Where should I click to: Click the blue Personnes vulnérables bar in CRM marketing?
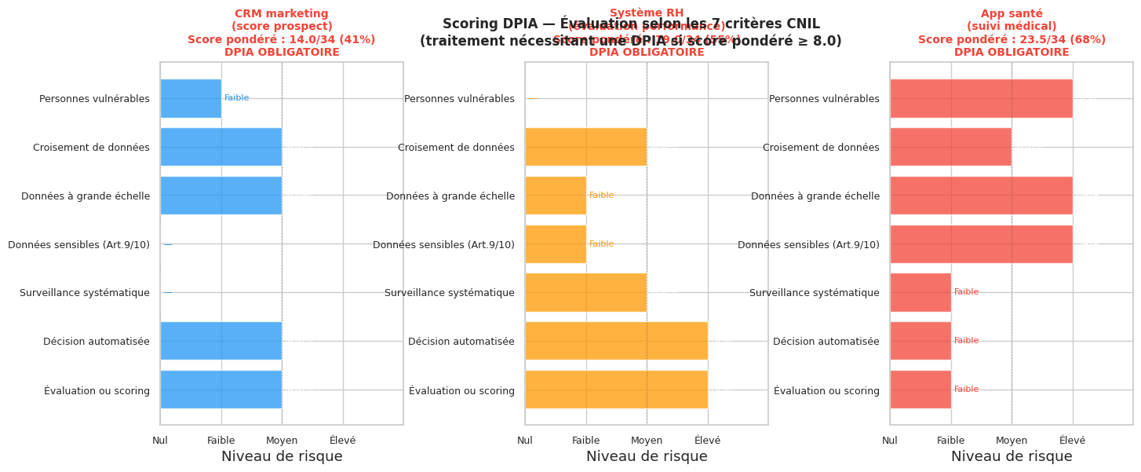191,98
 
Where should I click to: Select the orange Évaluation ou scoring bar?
616,390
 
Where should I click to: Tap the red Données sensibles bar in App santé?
981,244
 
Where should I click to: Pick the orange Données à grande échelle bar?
556,196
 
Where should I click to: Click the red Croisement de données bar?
950,147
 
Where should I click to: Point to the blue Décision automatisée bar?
221,341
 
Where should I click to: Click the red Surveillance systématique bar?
920,292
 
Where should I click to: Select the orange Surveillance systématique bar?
585,292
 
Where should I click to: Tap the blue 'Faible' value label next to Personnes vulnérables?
236,98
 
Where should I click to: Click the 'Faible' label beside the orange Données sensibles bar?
601,244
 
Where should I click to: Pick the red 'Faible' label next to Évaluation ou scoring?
966,390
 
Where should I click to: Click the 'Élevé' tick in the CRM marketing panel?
342,441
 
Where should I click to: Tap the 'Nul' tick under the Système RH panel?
525,441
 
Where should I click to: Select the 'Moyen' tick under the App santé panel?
1012,441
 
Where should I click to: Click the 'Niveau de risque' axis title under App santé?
1012,457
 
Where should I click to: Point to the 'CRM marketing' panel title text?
281,13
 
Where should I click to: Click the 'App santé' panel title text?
1012,13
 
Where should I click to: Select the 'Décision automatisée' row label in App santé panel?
826,342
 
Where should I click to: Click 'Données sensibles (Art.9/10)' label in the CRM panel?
78,245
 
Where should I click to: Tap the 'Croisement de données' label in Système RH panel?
456,148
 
